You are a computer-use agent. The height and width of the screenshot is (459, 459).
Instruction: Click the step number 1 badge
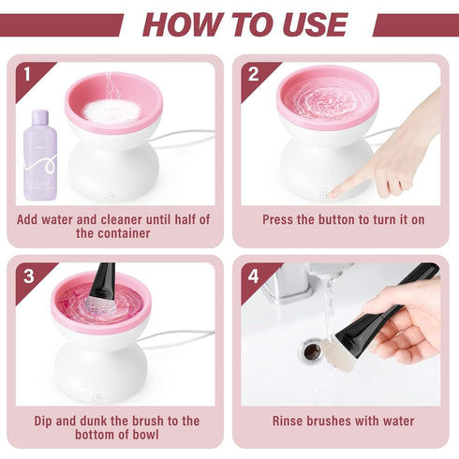[26, 73]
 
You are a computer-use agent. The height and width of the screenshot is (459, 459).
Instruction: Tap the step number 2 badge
[252, 73]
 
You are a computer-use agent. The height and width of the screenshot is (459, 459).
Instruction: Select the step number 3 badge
[26, 274]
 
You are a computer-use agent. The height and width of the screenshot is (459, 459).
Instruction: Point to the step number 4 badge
[252, 275]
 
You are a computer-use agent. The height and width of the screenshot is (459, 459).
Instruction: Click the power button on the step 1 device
[111, 196]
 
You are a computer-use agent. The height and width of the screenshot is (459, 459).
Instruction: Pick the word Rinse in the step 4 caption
[291, 422]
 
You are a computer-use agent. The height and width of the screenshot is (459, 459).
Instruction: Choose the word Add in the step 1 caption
[30, 219]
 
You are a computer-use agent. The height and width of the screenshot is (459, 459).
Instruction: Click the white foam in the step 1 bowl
[111, 109]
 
